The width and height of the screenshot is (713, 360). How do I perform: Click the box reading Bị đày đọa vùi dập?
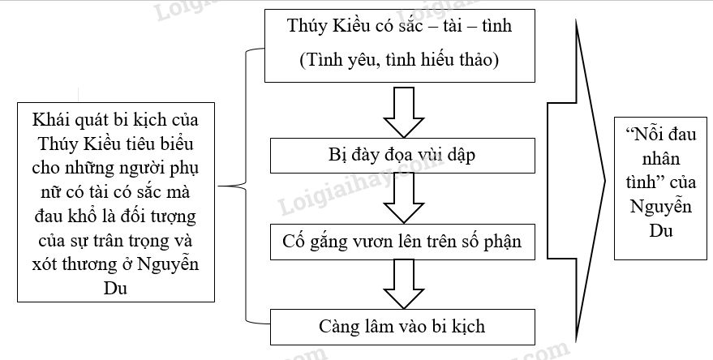[402, 155]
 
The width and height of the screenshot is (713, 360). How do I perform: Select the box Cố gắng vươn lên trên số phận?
[402, 241]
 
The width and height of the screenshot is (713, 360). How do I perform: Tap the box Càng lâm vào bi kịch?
[402, 326]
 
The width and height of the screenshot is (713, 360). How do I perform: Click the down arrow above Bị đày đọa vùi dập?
[402, 110]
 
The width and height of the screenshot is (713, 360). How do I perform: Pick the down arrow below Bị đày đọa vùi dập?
[402, 198]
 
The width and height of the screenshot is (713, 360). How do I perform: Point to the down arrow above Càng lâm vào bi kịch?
[402, 283]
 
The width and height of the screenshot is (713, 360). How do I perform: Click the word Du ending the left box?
[115, 289]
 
